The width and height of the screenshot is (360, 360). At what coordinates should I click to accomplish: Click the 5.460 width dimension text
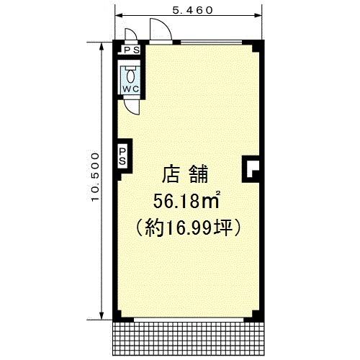coord(192,10)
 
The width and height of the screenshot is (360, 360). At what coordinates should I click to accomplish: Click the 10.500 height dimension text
coord(95,177)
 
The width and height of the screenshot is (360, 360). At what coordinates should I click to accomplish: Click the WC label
coord(131,89)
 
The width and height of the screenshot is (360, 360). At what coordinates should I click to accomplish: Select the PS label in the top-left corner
coord(132,50)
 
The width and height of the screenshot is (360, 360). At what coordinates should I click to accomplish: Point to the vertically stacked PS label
coord(122,156)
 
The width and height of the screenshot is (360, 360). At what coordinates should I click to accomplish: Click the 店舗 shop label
coord(185,174)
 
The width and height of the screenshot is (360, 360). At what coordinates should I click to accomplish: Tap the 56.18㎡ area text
coord(186,201)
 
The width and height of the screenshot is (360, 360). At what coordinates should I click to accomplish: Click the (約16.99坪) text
coord(188,228)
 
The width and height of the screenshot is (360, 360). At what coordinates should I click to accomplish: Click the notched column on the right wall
coord(251,169)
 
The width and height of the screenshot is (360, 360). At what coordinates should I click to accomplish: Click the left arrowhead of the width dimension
coord(119,16)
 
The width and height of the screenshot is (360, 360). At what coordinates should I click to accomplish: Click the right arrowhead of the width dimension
coord(258,16)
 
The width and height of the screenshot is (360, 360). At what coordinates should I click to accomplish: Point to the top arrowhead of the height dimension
coord(102,47)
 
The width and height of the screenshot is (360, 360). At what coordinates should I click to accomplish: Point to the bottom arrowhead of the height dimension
coord(102,315)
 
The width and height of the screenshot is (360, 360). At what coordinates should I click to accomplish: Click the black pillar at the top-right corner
coord(257,46)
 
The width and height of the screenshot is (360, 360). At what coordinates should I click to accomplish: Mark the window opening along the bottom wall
coord(189,320)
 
